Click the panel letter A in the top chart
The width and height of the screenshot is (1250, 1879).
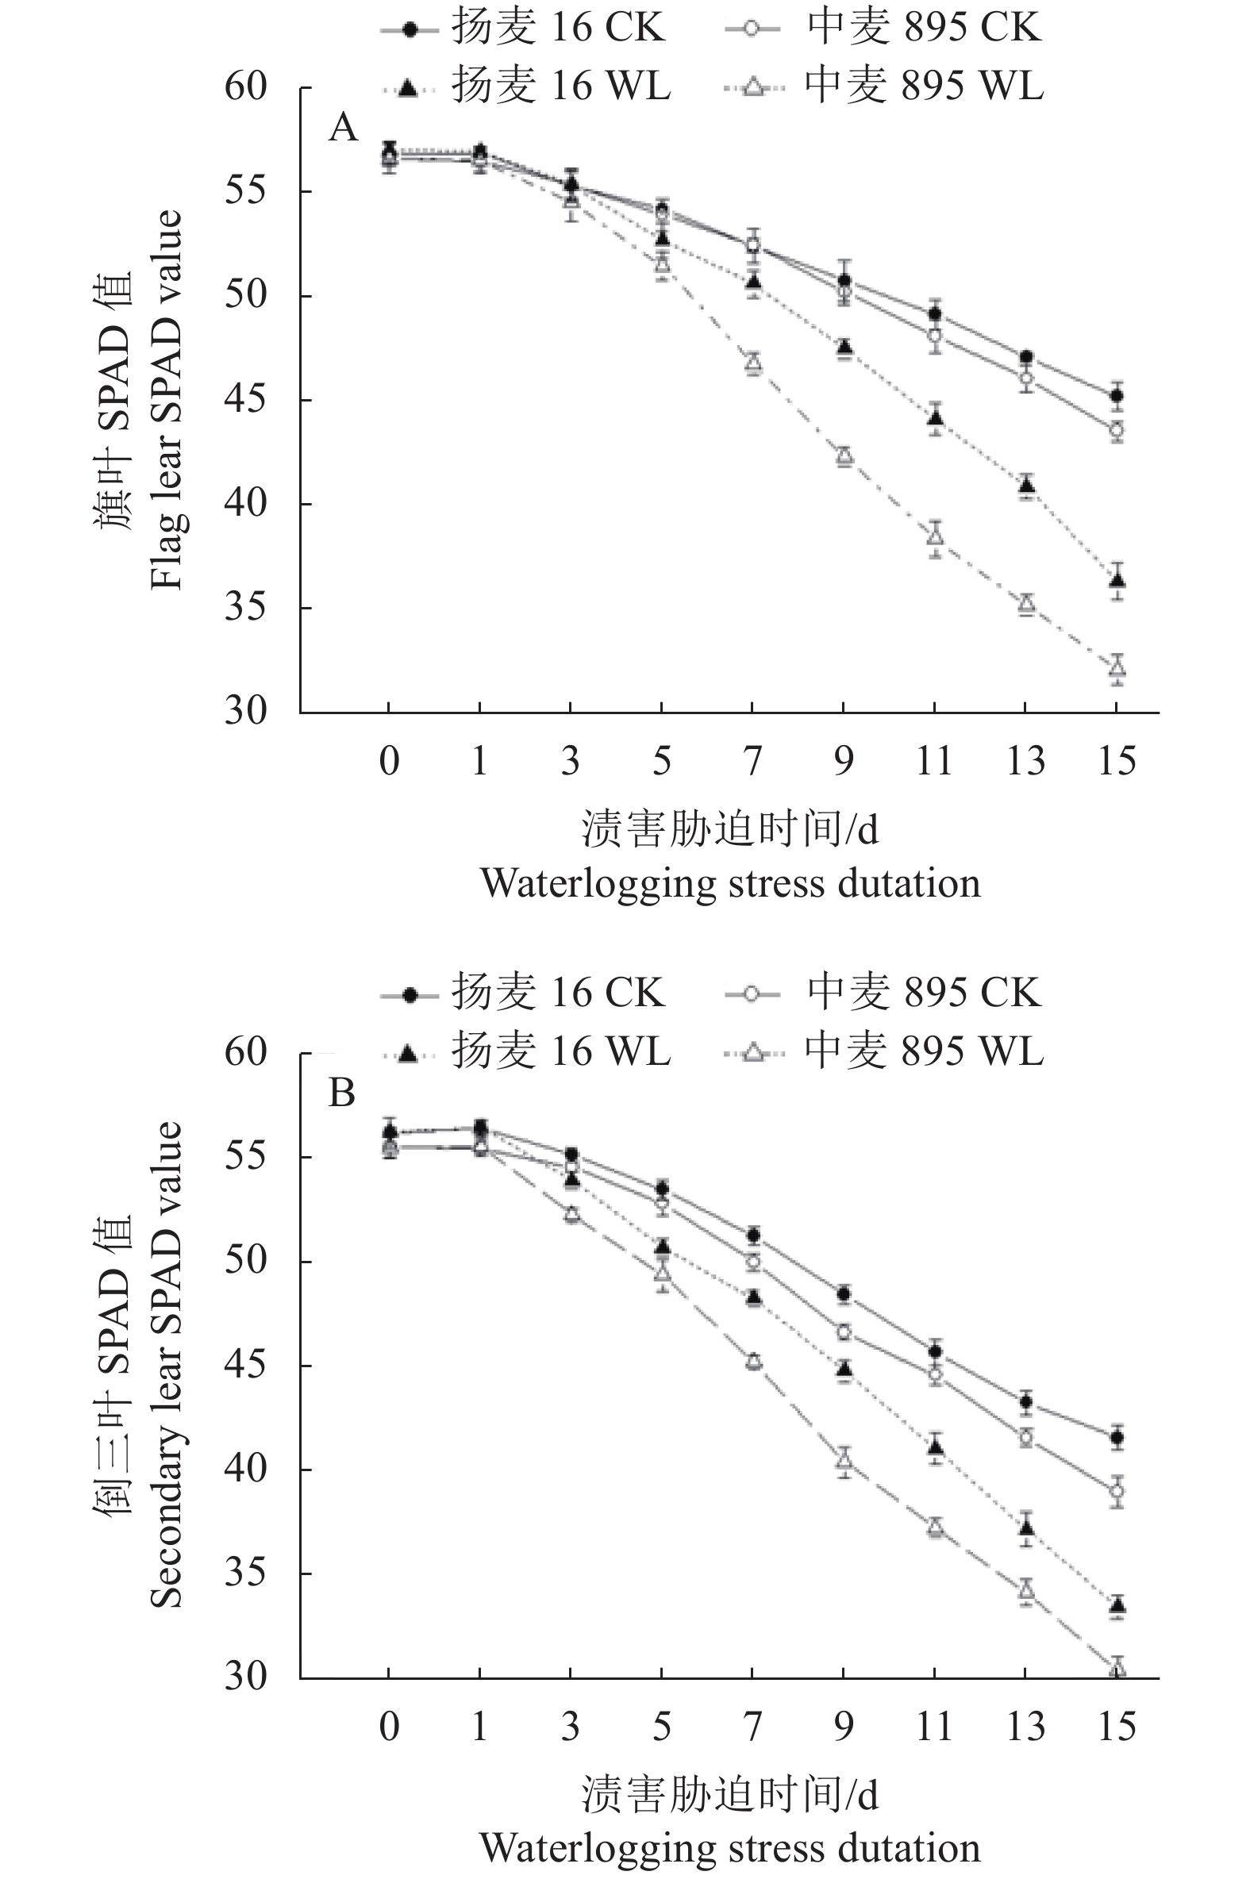pos(344,128)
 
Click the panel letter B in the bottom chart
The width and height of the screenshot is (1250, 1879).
pos(342,1093)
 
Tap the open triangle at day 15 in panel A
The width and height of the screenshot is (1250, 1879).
pos(1117,667)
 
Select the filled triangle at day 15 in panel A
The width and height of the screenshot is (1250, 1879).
pos(1117,580)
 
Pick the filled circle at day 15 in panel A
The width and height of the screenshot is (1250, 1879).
pos(1117,395)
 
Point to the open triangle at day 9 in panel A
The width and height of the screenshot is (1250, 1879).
pos(844,455)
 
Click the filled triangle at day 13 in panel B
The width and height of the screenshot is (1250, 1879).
pos(1026,1527)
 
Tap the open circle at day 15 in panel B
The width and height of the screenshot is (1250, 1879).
pos(1117,1491)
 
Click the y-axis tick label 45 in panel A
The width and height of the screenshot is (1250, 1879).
pos(245,400)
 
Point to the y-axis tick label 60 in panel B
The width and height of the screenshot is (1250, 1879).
pos(245,1053)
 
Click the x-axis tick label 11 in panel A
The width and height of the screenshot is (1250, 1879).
pos(934,761)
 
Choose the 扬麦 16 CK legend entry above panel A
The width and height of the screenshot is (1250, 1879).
pos(522,29)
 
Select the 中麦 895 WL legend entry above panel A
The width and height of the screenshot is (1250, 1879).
pos(885,86)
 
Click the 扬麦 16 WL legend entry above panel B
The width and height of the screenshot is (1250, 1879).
pos(526,1052)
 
